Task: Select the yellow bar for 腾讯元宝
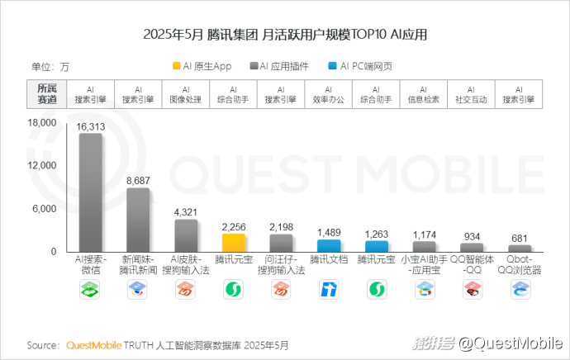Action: pyautogui.click(x=234, y=243)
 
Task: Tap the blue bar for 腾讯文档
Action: pyautogui.click(x=329, y=245)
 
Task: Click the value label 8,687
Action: pyautogui.click(x=138, y=180)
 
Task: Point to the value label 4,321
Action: pyautogui.click(x=186, y=211)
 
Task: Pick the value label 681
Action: pyautogui.click(x=520, y=239)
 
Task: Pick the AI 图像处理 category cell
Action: pyautogui.click(x=186, y=94)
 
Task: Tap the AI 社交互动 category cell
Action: pyautogui.click(x=471, y=94)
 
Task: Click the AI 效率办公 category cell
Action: pyautogui.click(x=329, y=94)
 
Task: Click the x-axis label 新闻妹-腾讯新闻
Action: pyautogui.click(x=138, y=264)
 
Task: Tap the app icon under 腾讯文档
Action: pyautogui.click(x=329, y=289)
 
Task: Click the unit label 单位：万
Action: pyautogui.click(x=50, y=67)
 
